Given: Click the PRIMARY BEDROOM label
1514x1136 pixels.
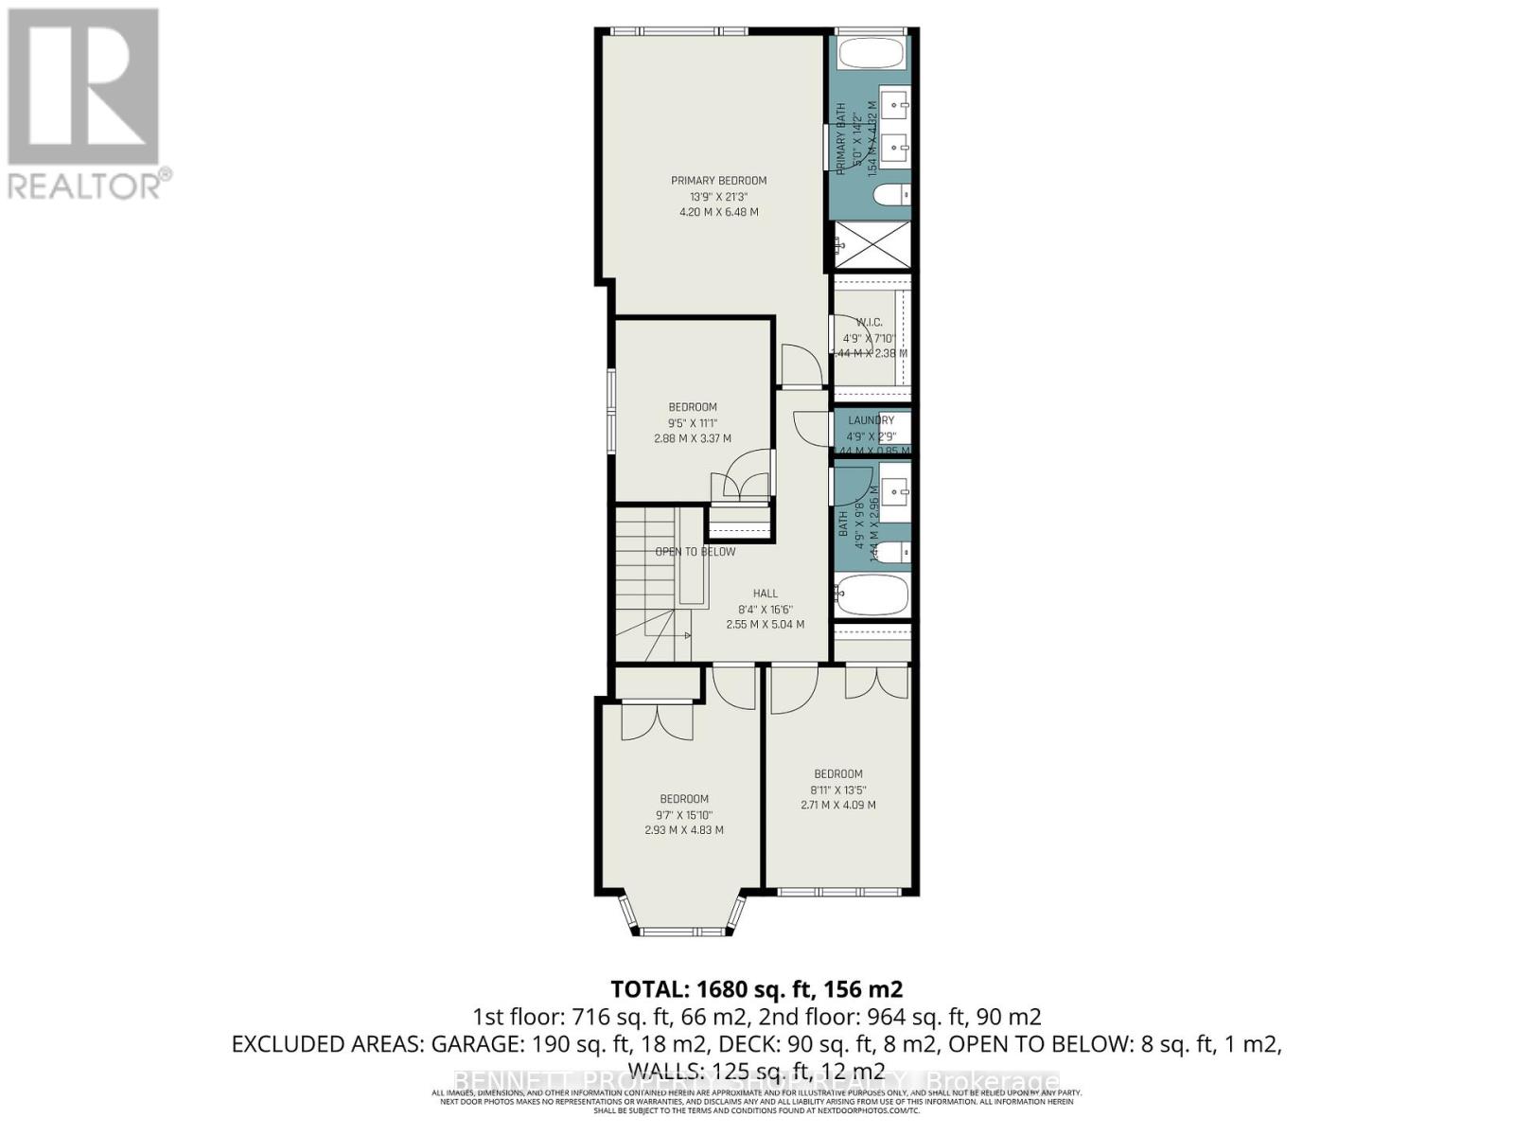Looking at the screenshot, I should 718,180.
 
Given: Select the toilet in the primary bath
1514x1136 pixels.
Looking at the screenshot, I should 890,195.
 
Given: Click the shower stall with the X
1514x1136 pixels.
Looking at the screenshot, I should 871,245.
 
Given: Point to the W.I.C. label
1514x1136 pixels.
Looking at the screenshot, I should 869,322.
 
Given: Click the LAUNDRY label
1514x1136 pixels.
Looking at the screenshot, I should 871,420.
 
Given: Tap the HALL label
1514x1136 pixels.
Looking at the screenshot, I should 765,594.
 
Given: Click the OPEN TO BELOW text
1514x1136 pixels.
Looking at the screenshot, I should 695,551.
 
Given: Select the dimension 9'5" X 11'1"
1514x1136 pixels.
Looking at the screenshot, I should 692,423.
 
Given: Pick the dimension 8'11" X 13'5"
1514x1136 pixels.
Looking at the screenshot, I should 837,790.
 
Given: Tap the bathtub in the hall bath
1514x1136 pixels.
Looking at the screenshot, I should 872,595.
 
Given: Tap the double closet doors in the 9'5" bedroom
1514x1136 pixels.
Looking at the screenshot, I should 745,484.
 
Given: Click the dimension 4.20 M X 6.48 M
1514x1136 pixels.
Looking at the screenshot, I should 718,212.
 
